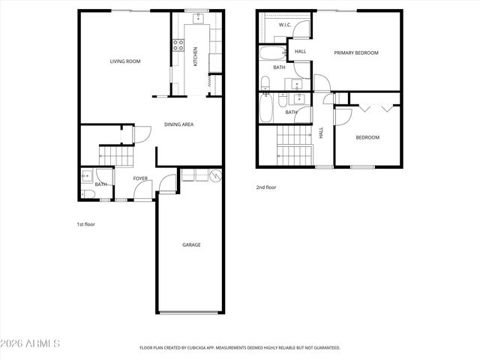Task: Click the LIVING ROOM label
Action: pos(125,61)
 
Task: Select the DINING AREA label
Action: pos(179,124)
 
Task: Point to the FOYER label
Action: pos(140,178)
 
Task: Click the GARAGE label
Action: pos(191,244)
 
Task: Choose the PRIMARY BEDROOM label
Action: pos(356,53)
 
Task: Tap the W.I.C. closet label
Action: pos(285,25)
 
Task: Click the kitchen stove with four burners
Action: pos(179,44)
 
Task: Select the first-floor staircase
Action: pos(116,157)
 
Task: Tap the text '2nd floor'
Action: pos(266,187)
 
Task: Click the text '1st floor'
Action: pos(85,224)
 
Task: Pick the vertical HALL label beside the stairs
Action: pos(321,132)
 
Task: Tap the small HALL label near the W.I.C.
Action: pos(300,51)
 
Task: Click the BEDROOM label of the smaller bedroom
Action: pos(367,137)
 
